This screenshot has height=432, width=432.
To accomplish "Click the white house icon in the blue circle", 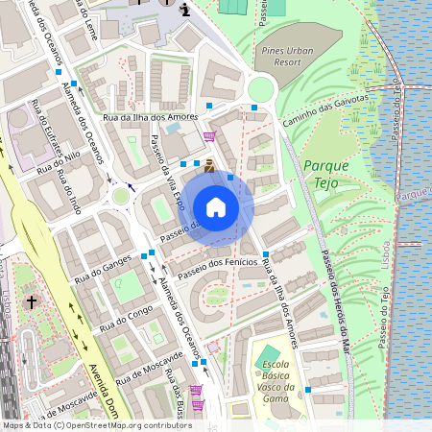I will coord(216,207).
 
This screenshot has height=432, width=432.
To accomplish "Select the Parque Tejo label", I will coord(326,172).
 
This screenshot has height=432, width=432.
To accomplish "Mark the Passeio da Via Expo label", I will coord(166,173).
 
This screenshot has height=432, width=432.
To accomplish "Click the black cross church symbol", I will coord(31,302).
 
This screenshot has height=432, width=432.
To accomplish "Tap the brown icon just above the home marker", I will coord(209,165).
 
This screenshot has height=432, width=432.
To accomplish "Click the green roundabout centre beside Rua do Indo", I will coord(120,197).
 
